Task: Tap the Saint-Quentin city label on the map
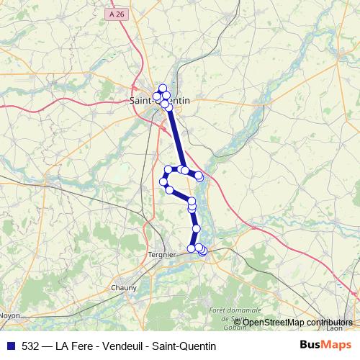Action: [159, 102]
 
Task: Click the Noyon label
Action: [10, 315]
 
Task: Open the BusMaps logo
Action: [325, 346]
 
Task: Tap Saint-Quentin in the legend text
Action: [183, 346]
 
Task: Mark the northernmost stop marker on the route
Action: [163, 88]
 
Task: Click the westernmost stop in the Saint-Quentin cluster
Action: [157, 96]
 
